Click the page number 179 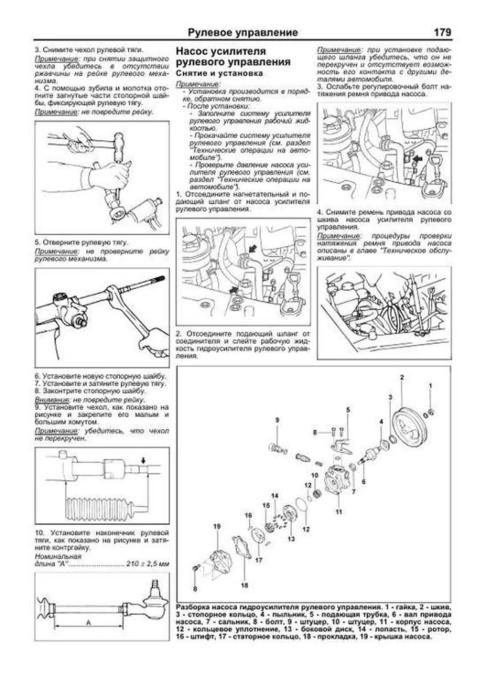pos(442,32)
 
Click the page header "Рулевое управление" pos(243,33)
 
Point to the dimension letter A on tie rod pos(88,623)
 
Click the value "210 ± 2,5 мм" pos(147,564)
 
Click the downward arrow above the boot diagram pos(143,460)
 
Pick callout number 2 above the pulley pos(402,377)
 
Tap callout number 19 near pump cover pos(217,526)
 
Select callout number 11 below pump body pos(339,512)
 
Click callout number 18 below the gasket pos(244,585)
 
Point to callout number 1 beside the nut pos(430,386)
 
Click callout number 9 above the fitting pos(277,420)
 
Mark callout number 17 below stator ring pos(259,560)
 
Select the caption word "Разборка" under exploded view pos(193,608)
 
